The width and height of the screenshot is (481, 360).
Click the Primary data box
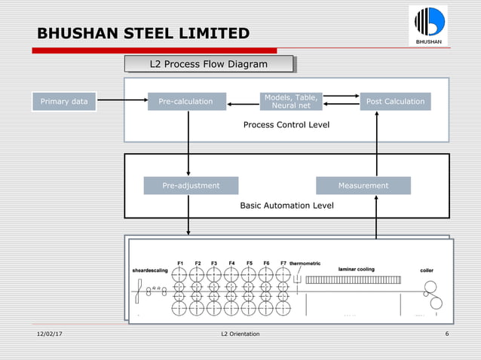click(x=63, y=102)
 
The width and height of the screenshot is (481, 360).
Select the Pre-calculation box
click(x=186, y=102)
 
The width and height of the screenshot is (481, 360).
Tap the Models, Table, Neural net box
click(x=290, y=102)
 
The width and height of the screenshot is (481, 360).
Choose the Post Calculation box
click(x=395, y=102)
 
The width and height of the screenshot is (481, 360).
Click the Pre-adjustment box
click(x=191, y=185)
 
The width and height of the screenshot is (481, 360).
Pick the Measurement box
click(x=363, y=185)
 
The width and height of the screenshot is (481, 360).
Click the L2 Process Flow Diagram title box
click(x=208, y=65)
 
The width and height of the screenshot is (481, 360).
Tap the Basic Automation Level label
click(x=286, y=205)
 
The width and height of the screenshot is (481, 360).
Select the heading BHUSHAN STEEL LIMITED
click(x=143, y=34)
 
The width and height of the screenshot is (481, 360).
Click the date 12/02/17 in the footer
click(x=50, y=334)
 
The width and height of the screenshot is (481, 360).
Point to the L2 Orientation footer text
click(x=240, y=334)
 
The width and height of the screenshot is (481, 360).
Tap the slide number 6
click(x=448, y=334)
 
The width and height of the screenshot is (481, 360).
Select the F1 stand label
click(x=181, y=263)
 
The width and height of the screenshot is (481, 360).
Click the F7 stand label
click(x=283, y=263)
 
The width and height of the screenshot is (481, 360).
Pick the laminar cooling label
click(x=356, y=269)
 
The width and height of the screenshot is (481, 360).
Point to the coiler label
click(x=427, y=270)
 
